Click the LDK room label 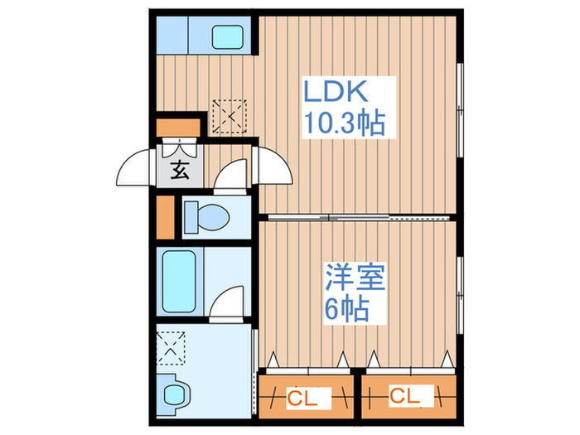tap(336, 91)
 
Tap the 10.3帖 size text tap(345, 123)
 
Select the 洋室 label tap(355, 276)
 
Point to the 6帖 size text tap(346, 308)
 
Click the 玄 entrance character tap(180, 170)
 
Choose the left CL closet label tap(302, 399)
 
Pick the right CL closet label tap(404, 396)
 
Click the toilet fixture tap(206, 217)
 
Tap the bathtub tap(179, 282)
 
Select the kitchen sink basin tap(228, 36)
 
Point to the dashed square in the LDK tap(230, 116)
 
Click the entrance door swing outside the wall tap(135, 167)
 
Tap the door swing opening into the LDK tap(273, 166)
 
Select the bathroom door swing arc tap(227, 302)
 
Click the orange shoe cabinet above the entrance tap(178, 128)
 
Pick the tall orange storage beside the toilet tap(166, 217)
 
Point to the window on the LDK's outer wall tap(460, 110)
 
